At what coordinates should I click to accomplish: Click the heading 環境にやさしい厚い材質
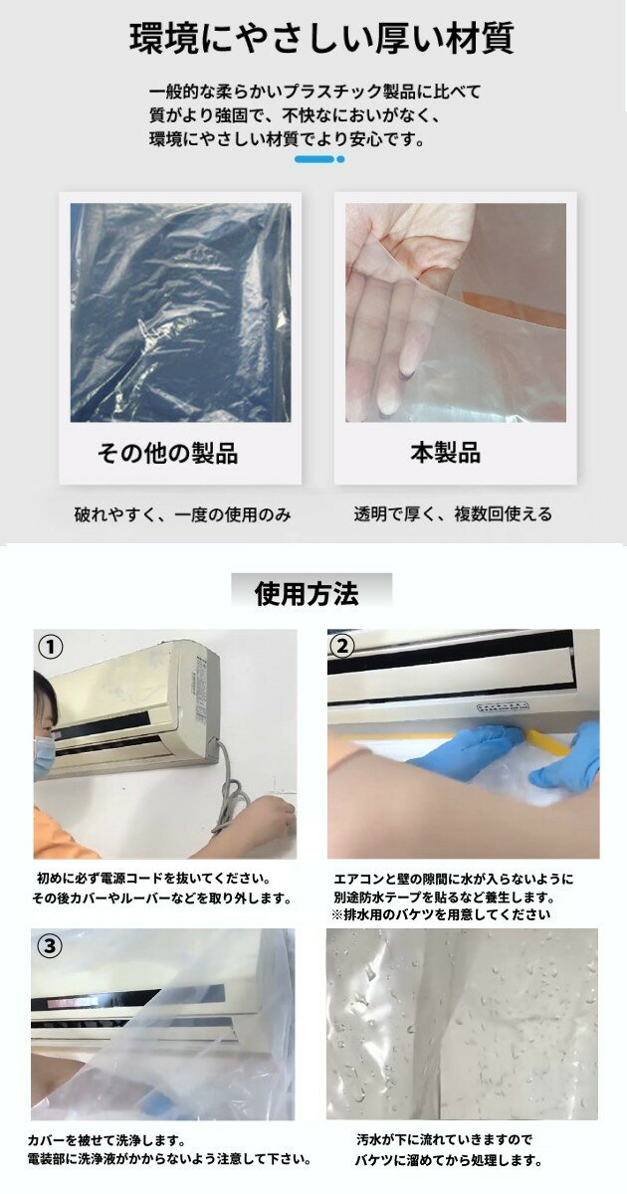click(x=321, y=39)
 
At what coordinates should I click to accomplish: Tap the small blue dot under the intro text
click(x=340, y=159)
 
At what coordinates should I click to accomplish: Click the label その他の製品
click(x=167, y=454)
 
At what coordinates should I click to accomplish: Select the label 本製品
click(x=446, y=453)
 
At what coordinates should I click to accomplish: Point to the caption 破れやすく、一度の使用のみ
click(x=183, y=515)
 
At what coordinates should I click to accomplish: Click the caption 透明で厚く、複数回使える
click(x=453, y=514)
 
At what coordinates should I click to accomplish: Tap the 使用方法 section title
click(x=307, y=594)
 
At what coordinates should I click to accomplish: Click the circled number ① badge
click(x=51, y=648)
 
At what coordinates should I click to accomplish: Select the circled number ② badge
click(x=342, y=647)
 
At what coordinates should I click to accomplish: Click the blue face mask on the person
click(x=44, y=755)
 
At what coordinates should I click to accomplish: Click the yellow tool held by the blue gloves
click(x=547, y=742)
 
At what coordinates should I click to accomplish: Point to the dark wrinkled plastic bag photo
click(x=181, y=312)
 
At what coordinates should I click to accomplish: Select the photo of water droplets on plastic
click(x=462, y=1025)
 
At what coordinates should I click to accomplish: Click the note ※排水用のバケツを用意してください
click(x=441, y=915)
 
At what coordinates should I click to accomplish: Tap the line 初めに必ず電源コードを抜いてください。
click(x=154, y=878)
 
